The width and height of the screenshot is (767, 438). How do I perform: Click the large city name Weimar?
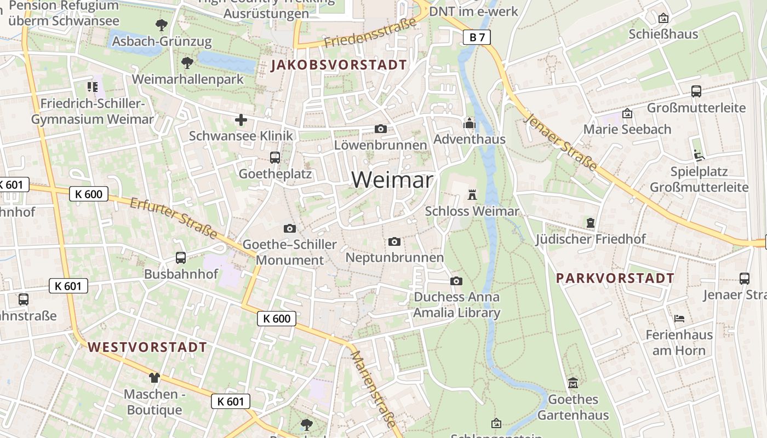tap(392, 180)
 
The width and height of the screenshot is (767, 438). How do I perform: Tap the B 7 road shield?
tap(477, 37)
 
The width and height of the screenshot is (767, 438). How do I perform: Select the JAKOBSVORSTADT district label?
tap(339, 65)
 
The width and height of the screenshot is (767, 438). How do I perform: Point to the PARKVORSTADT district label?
tap(615, 278)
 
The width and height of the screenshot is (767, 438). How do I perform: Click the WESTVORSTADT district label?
tap(147, 347)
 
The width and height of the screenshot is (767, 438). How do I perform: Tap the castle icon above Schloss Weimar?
tap(472, 194)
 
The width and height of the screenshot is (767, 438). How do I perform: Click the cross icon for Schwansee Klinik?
tap(241, 120)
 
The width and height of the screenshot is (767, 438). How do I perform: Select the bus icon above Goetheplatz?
tap(275, 158)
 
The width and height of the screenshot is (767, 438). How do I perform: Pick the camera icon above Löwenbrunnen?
tap(380, 129)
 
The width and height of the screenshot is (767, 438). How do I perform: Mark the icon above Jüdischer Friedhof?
tap(591, 223)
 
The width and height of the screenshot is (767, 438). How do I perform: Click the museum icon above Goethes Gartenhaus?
tap(573, 383)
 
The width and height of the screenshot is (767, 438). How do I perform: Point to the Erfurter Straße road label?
tap(174, 218)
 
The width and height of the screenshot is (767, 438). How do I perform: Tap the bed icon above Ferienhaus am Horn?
tap(679, 318)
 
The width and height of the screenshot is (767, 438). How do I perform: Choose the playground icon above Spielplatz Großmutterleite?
tap(699, 155)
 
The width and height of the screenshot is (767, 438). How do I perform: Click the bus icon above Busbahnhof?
tap(180, 257)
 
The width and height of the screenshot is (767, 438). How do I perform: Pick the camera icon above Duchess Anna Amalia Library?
tap(456, 281)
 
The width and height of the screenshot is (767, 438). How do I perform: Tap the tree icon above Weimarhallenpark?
tap(187, 63)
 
